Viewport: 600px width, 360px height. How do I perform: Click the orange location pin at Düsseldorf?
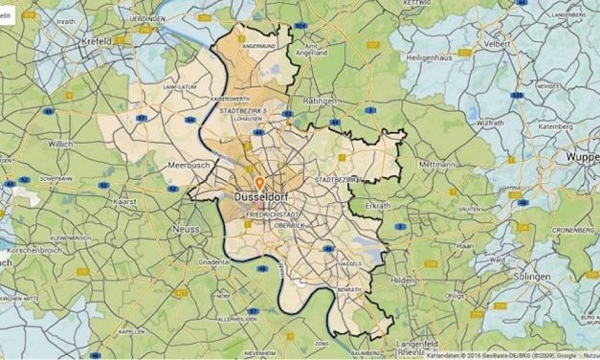(x=258, y=181)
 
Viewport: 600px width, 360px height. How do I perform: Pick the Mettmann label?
(x=437, y=165)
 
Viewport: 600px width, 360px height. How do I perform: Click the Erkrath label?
(x=378, y=206)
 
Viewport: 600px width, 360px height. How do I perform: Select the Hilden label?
(x=404, y=280)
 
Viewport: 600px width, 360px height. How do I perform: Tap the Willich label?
(x=61, y=145)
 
